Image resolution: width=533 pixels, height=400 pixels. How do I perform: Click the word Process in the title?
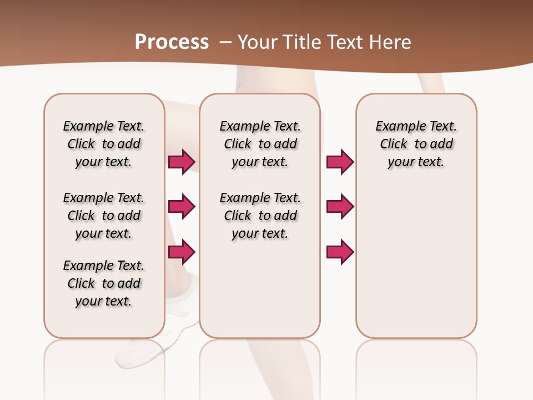pos(172,42)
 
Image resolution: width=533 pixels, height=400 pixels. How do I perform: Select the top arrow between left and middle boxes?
pos(182,162)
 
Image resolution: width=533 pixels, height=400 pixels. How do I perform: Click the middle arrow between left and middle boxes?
pos(182,207)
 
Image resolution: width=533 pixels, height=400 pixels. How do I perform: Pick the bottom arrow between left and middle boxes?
pos(182,252)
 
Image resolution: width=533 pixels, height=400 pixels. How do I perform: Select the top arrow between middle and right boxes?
pos(340,162)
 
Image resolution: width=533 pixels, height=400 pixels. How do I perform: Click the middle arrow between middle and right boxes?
pos(340,207)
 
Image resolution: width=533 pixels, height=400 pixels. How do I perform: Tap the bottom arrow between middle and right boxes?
pos(340,252)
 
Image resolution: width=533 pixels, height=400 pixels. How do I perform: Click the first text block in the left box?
pos(104,144)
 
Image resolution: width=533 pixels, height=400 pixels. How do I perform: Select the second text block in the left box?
pos(104,216)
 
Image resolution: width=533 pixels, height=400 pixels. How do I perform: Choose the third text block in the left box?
pos(104,283)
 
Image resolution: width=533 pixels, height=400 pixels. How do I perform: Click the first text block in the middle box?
pos(260,144)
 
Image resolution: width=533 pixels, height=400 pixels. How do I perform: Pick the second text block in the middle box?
pos(260,216)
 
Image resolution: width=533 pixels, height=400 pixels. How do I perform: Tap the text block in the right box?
pos(416,144)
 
